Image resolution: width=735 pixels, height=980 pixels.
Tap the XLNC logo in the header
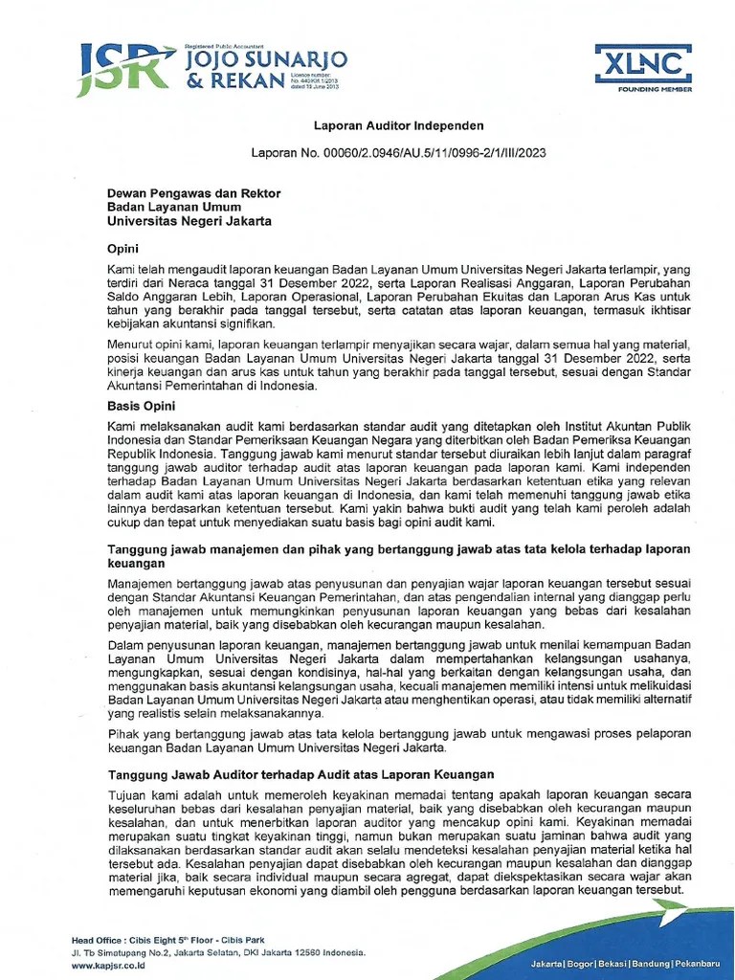click(644, 62)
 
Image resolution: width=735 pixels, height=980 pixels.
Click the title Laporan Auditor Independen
click(399, 125)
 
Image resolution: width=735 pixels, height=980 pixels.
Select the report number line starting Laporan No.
click(398, 152)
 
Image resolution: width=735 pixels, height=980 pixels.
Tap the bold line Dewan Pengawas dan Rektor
click(193, 193)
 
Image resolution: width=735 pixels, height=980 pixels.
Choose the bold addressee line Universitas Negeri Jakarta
click(189, 221)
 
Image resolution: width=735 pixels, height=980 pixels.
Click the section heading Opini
click(122, 249)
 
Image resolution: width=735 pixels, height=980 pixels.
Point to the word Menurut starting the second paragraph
click(132, 344)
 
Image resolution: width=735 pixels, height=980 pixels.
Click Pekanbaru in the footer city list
click(697, 960)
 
